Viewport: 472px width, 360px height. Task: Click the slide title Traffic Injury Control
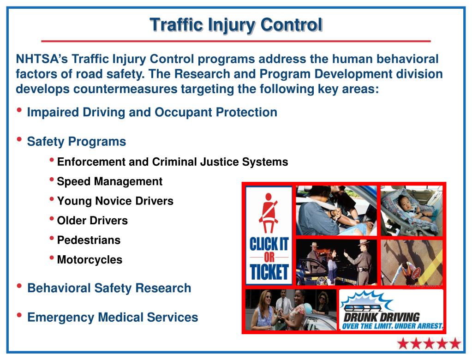coord(236,24)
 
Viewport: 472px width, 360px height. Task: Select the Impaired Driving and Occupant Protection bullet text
coord(152,112)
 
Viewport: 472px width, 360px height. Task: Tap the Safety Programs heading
coord(77,142)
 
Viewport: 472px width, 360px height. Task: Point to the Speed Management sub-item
coord(109,181)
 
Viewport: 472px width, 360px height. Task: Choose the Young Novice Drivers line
coord(115,201)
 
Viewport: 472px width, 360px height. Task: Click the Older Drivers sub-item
coord(92,220)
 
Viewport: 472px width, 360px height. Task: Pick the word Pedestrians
coord(89,240)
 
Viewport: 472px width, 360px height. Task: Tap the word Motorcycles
coord(90,259)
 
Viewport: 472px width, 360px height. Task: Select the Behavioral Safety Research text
coord(109,288)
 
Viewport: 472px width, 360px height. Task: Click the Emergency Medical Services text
coord(113,317)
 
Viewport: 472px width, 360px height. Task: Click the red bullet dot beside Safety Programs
coord(19,139)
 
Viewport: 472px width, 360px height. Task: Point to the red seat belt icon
coord(269,213)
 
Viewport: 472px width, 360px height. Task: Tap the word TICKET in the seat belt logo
coord(269,272)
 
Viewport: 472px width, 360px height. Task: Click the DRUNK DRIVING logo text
coord(382,317)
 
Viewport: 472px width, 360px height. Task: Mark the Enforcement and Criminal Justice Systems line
coord(173,162)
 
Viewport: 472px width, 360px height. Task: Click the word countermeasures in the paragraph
coord(125,89)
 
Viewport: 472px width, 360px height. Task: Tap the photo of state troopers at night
coord(336,262)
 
